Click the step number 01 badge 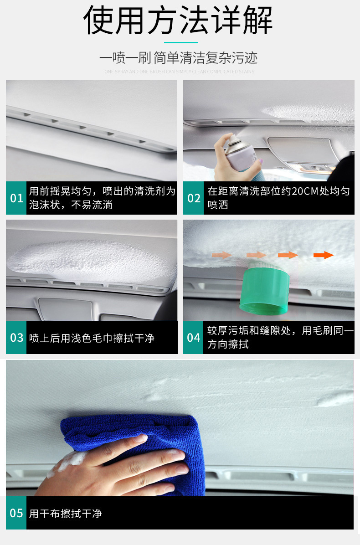click(16, 198)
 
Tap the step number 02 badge click(194, 198)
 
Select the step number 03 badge click(16, 338)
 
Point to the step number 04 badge click(194, 338)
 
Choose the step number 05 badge click(16, 513)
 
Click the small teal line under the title click(180, 43)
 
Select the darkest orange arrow click(323, 255)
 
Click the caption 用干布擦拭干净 click(65, 514)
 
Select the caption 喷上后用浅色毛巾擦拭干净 click(92, 338)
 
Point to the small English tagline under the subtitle click(180, 72)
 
